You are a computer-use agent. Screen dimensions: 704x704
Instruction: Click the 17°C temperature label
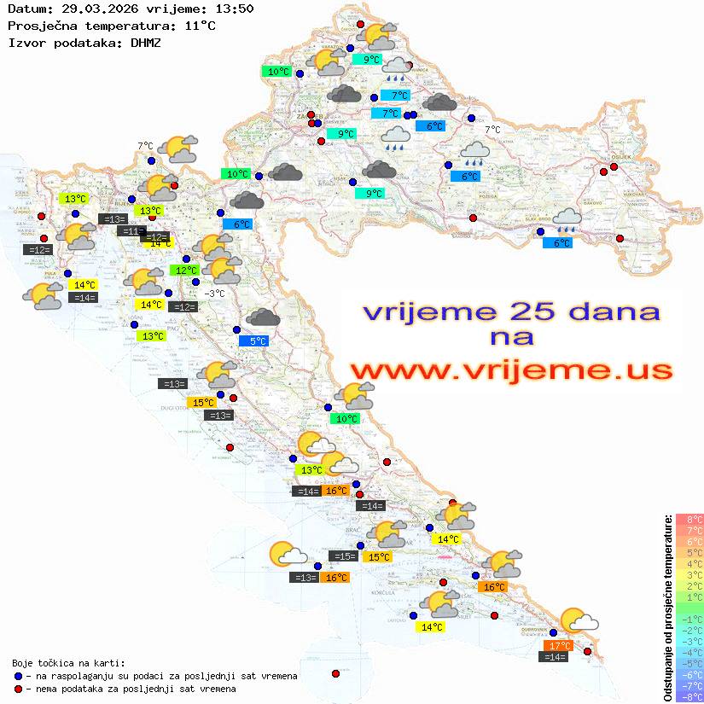558,645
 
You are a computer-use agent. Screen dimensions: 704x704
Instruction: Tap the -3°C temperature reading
215,294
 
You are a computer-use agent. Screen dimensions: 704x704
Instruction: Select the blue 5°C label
258,340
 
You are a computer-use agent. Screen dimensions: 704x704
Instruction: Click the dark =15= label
343,556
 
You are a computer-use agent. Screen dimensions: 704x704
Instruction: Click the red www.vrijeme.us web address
511,371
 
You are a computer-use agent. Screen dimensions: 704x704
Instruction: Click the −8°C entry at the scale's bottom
689,697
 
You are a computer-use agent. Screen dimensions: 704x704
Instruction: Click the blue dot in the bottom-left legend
19,676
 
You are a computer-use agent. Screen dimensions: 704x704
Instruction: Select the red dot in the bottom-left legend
19,689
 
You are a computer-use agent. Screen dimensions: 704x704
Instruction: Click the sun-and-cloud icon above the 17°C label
578,620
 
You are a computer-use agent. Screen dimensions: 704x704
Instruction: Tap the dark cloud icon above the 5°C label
262,318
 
